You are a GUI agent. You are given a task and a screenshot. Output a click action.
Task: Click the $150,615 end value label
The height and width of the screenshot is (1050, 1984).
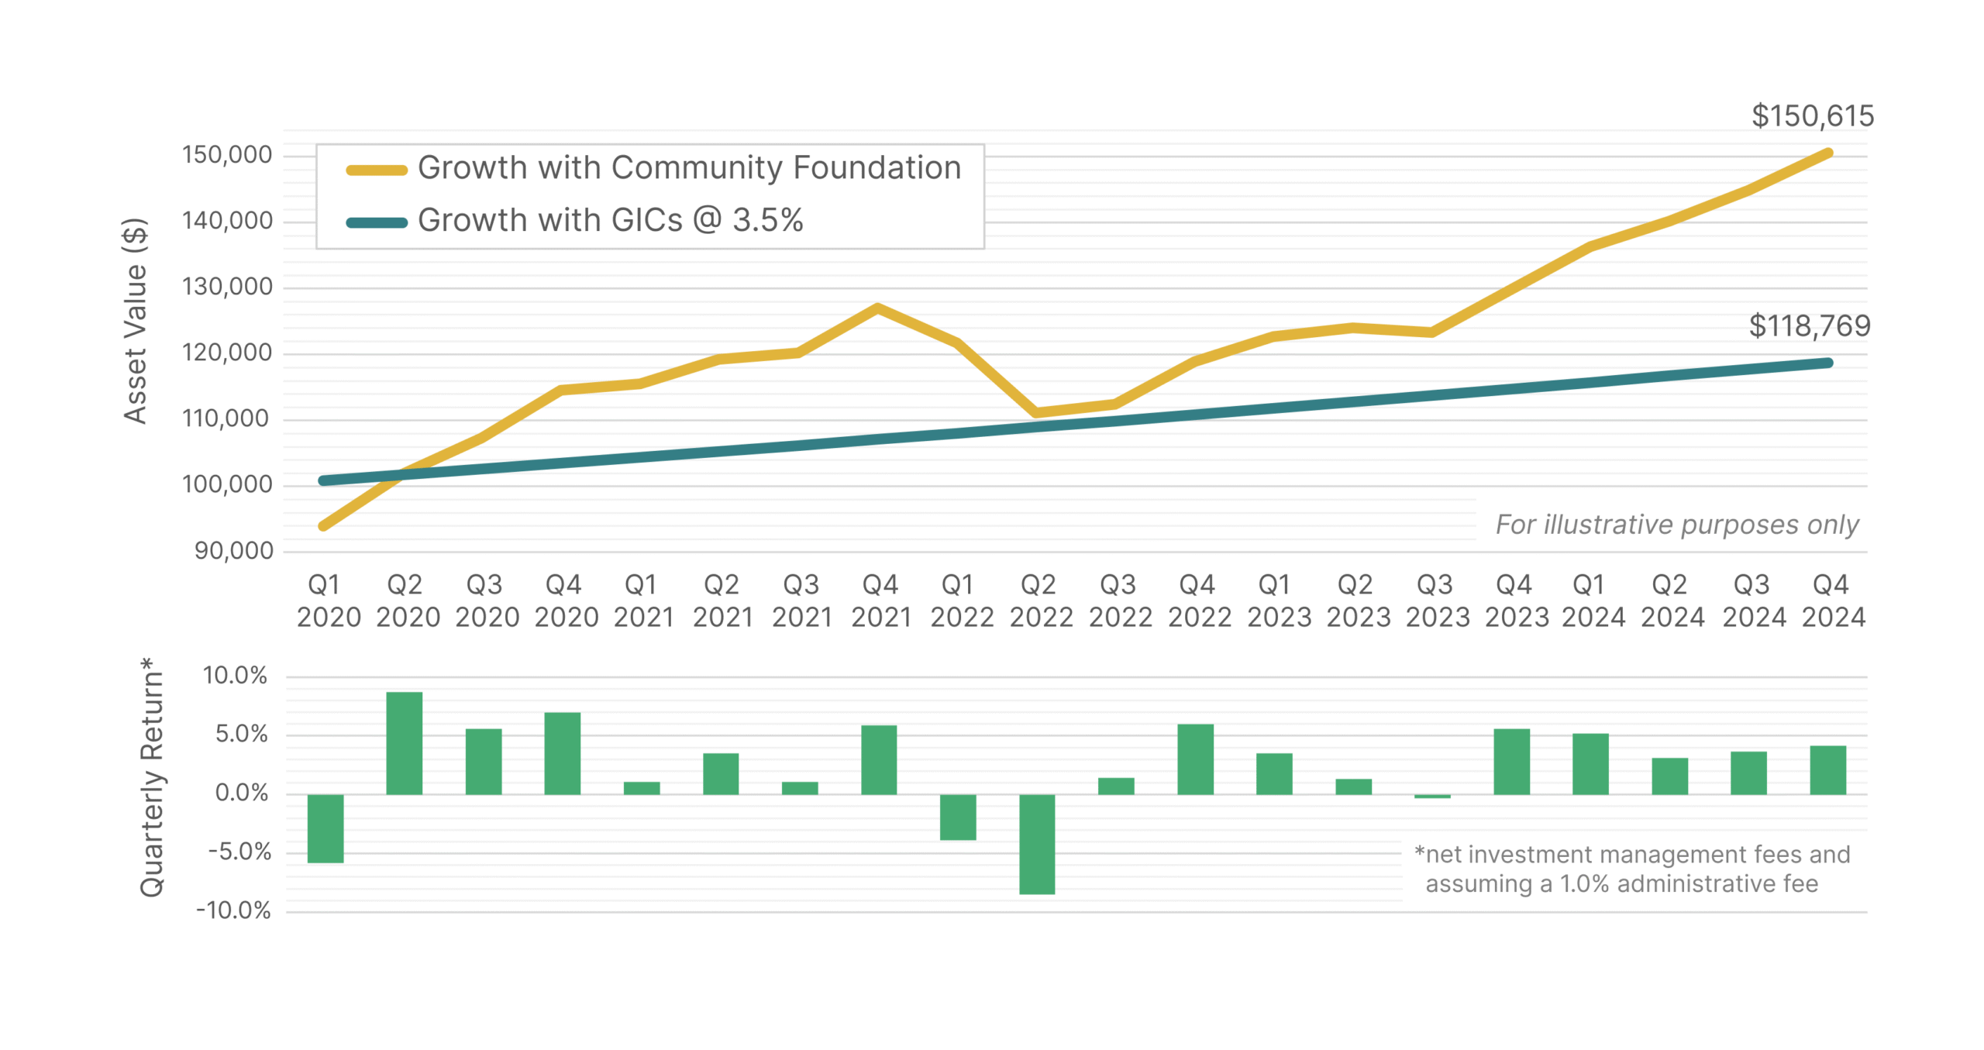tap(1811, 116)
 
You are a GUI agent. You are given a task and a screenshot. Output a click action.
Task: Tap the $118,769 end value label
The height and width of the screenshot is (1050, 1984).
tap(1809, 325)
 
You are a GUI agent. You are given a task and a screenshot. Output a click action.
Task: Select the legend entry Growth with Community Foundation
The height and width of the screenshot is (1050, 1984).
tap(688, 168)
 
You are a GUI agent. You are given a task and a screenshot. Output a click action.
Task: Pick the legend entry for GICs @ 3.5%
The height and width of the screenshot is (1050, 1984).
tap(609, 221)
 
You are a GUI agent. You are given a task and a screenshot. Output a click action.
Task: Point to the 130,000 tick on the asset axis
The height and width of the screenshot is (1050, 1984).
tap(226, 287)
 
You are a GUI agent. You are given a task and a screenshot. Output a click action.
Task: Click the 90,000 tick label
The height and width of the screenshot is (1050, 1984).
tap(233, 551)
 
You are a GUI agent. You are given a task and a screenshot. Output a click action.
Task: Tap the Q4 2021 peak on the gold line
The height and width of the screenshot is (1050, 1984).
tap(877, 308)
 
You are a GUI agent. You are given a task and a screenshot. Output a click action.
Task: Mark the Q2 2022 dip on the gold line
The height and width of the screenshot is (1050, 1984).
tap(1036, 412)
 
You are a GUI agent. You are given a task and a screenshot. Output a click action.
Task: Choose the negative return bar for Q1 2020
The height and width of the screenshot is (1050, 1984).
tap(325, 828)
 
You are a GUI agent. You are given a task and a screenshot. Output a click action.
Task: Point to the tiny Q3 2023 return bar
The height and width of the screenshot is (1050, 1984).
tap(1431, 796)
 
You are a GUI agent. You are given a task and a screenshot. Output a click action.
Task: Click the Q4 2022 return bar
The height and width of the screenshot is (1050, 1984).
tap(1194, 759)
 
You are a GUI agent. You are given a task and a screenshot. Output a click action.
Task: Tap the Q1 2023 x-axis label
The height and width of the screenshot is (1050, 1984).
tap(1278, 601)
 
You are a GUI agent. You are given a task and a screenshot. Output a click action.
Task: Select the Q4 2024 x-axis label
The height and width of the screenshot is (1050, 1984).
tap(1832, 601)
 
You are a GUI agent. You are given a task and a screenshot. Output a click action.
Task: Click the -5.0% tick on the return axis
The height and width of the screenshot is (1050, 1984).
tap(239, 852)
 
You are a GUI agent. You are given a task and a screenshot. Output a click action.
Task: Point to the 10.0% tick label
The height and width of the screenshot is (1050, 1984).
tap(235, 676)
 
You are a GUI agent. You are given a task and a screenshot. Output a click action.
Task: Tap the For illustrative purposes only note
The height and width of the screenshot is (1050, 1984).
tap(1676, 525)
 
